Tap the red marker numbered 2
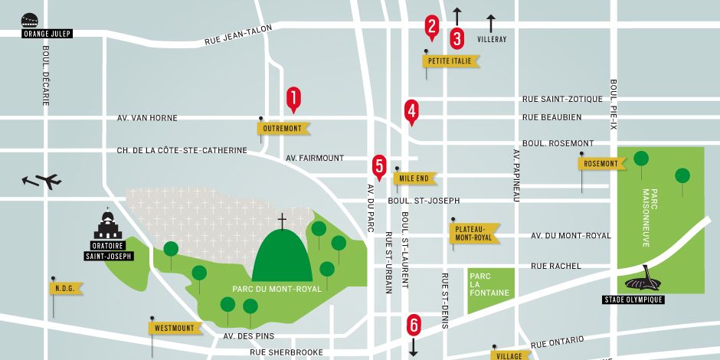(x=432, y=27)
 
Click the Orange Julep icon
(x=30, y=20)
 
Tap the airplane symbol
(x=43, y=181)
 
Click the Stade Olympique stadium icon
(x=644, y=281)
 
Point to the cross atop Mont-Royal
(x=282, y=221)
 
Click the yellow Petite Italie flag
(x=451, y=61)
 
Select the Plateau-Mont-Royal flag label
(x=474, y=233)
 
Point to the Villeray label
(x=491, y=38)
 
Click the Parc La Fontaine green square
(x=488, y=290)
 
